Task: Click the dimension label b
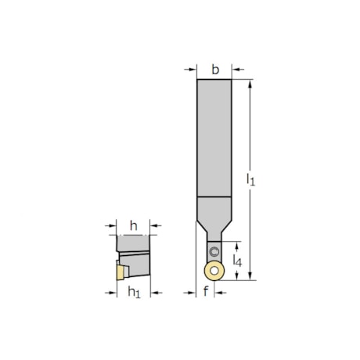coord(214,69)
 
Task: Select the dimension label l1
coord(250,180)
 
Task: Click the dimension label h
coord(133,226)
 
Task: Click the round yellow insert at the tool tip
coord(213,271)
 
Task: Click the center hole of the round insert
coord(213,271)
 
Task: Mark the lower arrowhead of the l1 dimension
coord(251,275)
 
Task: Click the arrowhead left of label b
coord(193,70)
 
